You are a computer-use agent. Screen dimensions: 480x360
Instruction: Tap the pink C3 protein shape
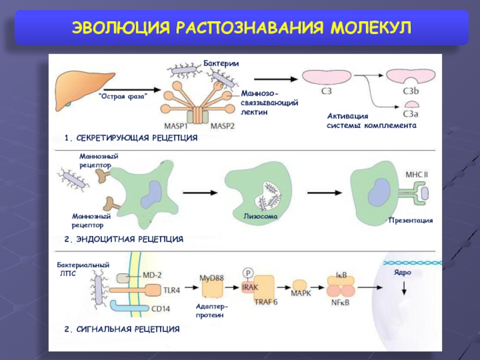click(x=326, y=77)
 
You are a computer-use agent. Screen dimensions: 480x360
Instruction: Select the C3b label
click(x=410, y=91)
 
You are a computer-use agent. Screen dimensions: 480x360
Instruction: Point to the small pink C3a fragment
click(x=412, y=104)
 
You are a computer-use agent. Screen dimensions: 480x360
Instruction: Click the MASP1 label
click(x=176, y=126)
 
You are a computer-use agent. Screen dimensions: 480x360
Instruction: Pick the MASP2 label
click(x=222, y=126)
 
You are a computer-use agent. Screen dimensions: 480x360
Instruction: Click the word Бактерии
click(x=221, y=64)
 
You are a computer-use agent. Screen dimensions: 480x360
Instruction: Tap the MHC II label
click(x=416, y=175)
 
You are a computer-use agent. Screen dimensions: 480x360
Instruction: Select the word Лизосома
click(x=260, y=216)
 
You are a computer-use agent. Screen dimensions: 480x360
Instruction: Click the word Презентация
click(x=410, y=220)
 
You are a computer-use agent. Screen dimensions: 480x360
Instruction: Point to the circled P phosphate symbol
click(x=248, y=273)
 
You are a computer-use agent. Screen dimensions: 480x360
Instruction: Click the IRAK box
click(x=250, y=287)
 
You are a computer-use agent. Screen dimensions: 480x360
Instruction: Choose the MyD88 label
click(x=212, y=278)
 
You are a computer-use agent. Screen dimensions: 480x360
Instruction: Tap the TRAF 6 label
click(x=266, y=302)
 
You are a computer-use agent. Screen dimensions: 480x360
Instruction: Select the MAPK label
click(x=301, y=293)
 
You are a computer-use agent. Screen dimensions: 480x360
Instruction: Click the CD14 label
click(x=161, y=308)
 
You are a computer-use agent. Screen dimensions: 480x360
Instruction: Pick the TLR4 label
click(x=172, y=290)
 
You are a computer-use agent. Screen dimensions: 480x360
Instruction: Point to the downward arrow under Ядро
click(x=404, y=288)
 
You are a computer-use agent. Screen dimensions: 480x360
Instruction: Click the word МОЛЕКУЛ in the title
click(x=371, y=28)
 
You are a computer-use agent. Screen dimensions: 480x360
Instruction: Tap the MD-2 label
click(x=152, y=275)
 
